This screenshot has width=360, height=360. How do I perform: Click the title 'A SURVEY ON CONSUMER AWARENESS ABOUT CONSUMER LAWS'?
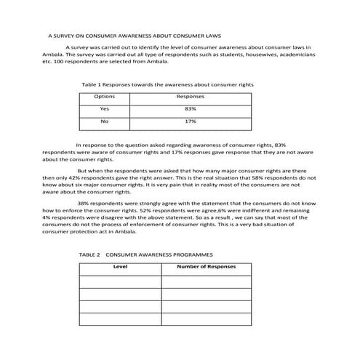click(135, 34)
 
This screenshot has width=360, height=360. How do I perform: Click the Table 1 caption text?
click(168, 84)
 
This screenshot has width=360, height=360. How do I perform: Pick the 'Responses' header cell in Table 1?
click(191, 96)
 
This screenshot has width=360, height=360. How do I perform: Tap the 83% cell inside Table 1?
click(191, 108)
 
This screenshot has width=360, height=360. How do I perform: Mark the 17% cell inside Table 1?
click(191, 121)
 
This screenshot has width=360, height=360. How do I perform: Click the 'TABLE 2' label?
click(89, 255)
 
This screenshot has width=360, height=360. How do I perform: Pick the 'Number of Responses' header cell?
click(207, 267)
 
